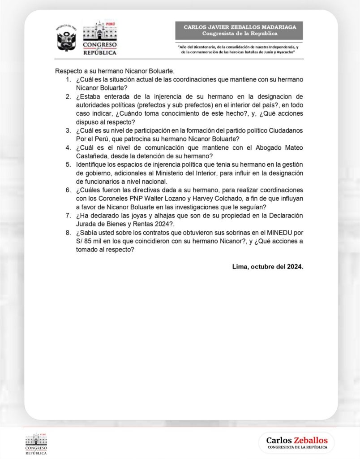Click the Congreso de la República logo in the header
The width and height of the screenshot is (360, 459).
pos(100,38)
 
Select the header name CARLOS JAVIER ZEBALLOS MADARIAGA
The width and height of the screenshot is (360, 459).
pos(240,27)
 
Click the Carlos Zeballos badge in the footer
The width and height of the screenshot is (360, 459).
pos(296,442)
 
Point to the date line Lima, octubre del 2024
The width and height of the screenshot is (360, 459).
pos(268,266)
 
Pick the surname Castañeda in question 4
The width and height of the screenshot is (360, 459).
pos(91,156)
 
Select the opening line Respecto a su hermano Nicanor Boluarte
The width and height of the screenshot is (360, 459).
pos(114,71)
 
